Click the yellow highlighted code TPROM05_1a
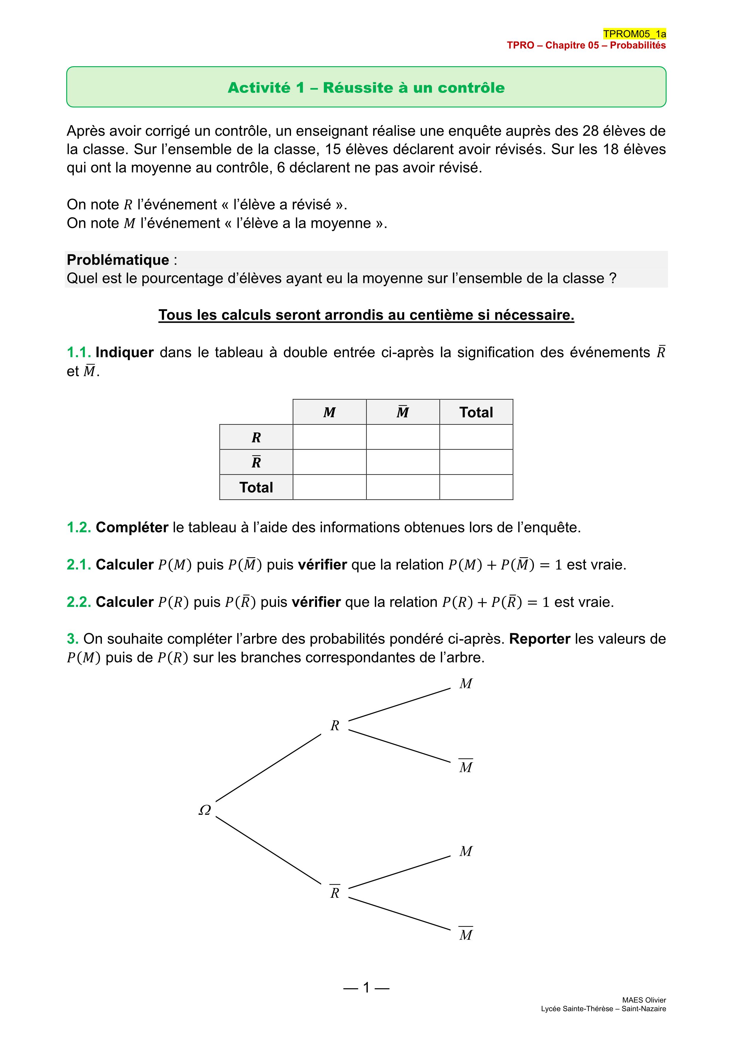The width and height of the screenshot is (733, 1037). click(x=634, y=34)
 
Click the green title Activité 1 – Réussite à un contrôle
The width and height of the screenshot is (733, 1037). click(x=366, y=88)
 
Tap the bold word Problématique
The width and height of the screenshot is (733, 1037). click(x=118, y=260)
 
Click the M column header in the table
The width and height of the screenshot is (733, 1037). click(x=329, y=412)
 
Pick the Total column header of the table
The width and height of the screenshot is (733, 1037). click(x=476, y=412)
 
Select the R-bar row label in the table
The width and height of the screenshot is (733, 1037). click(x=256, y=462)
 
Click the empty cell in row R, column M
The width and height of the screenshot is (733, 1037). click(x=329, y=437)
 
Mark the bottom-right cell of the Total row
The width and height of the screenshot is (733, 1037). click(x=476, y=487)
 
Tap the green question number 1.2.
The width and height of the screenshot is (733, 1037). click(x=79, y=528)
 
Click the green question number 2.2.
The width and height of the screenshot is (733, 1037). click(x=79, y=602)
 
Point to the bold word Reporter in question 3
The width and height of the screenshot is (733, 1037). click(x=540, y=639)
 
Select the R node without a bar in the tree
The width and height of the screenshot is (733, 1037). click(x=334, y=726)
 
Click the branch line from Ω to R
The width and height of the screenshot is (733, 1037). click(x=269, y=768)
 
